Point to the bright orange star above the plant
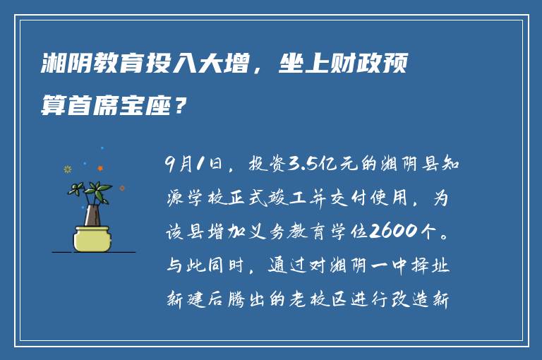click(100, 168)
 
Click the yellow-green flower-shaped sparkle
click(68, 169)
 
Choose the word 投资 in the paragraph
click(265, 166)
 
